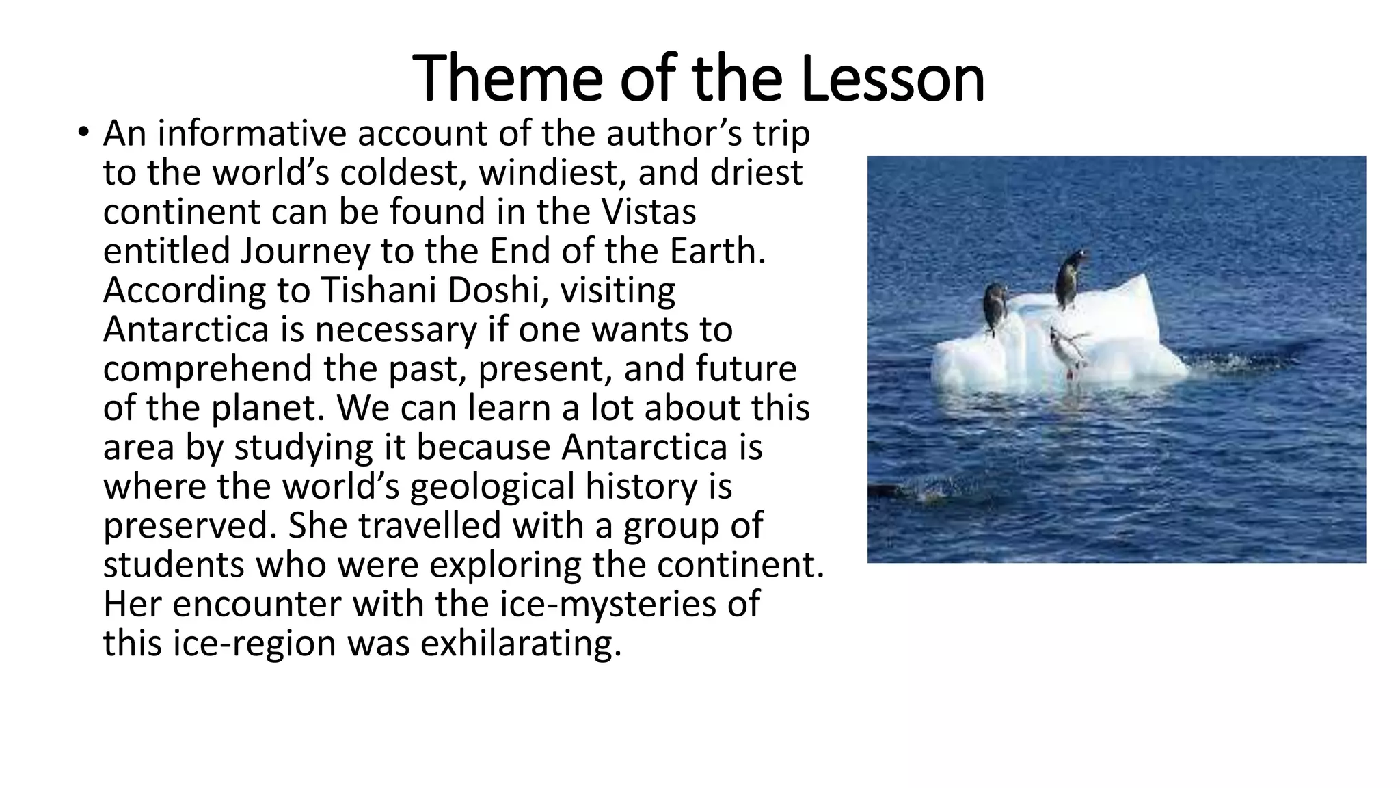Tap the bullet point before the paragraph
[x=83, y=132]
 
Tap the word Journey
[x=305, y=251]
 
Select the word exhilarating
[x=520, y=644]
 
